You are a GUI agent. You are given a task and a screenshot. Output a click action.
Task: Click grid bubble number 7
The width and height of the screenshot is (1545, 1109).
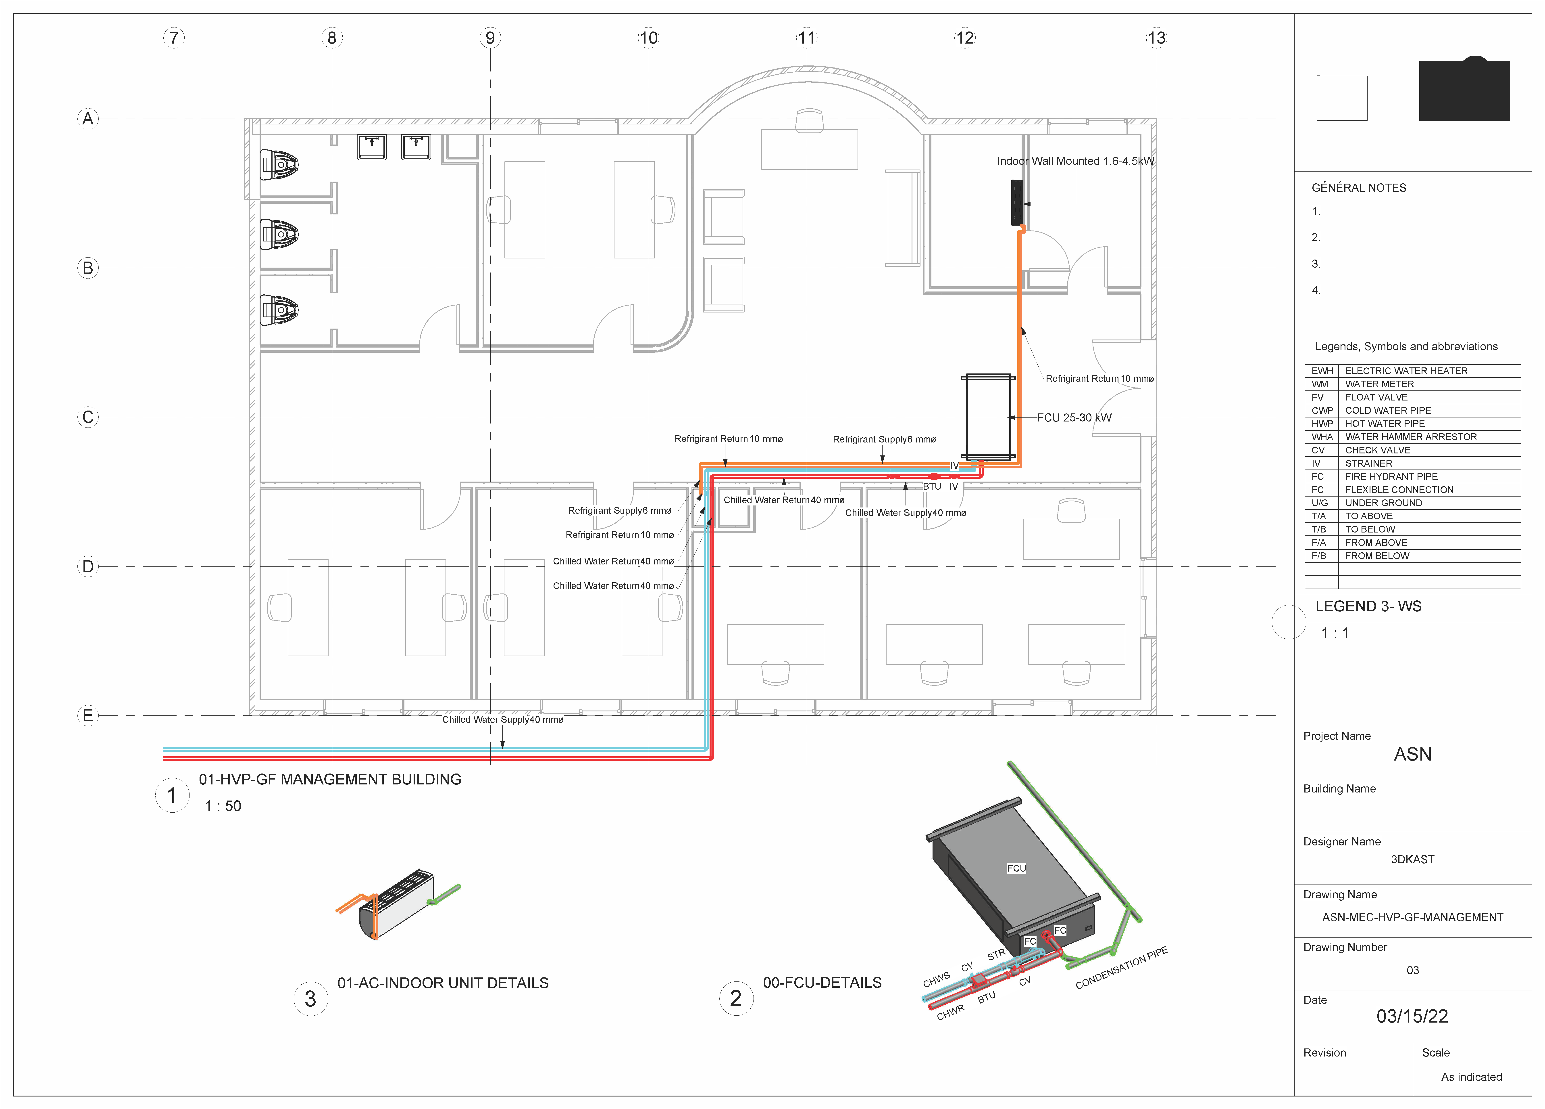point(174,38)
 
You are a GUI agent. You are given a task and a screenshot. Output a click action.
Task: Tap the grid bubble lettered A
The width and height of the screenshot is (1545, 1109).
point(88,119)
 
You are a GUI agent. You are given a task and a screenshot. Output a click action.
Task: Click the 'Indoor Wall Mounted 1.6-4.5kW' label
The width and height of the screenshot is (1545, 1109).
point(1076,161)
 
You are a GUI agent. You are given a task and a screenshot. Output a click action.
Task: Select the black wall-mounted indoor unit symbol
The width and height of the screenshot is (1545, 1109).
point(1017,202)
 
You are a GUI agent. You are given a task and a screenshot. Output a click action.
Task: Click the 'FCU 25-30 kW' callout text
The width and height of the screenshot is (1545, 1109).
point(1074,417)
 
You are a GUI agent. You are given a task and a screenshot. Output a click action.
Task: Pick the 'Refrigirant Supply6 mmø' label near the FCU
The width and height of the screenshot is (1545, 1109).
point(884,439)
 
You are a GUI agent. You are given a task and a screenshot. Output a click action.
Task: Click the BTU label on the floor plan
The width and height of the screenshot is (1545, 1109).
point(932,486)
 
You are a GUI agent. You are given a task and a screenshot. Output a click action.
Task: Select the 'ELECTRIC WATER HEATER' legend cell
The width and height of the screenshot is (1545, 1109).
point(1406,371)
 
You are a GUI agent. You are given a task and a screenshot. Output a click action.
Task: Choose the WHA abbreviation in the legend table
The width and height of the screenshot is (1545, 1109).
point(1322,437)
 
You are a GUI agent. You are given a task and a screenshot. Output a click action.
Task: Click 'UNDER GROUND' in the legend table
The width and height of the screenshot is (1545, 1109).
point(1384,503)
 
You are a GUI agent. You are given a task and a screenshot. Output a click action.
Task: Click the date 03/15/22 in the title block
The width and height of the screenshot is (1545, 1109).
point(1412,1016)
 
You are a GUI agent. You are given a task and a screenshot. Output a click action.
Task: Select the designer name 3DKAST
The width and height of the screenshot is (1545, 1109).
point(1412,860)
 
